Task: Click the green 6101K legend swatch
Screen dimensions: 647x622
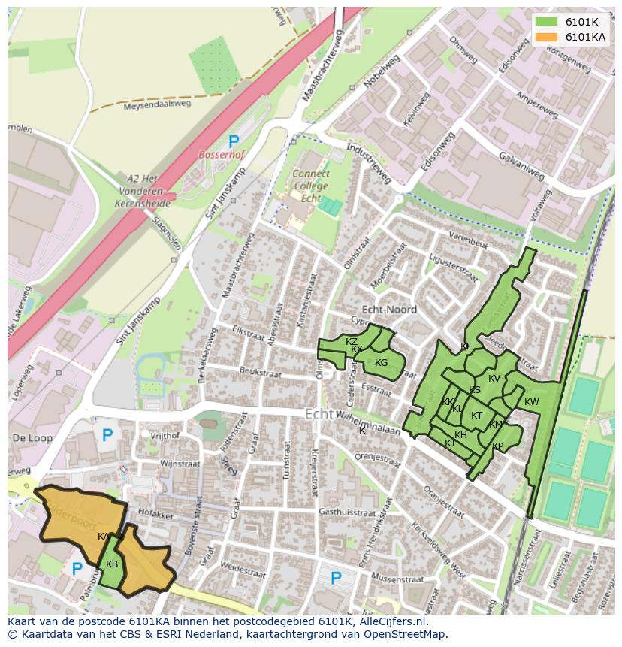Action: pos(546,21)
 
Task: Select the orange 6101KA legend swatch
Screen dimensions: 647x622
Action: pos(546,37)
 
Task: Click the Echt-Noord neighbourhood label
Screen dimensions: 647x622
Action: pos(389,309)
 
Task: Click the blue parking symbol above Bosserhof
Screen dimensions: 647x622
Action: pos(234,141)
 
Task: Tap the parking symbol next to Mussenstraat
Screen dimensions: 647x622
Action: pos(336,577)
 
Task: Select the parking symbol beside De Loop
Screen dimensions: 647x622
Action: pos(107,434)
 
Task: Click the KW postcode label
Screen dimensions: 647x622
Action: pos(531,402)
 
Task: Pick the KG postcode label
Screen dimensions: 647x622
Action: pos(381,363)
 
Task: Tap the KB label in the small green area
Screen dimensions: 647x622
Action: pos(112,564)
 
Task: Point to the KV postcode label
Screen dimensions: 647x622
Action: pos(494,379)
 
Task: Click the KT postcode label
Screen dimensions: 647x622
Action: pos(476,416)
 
